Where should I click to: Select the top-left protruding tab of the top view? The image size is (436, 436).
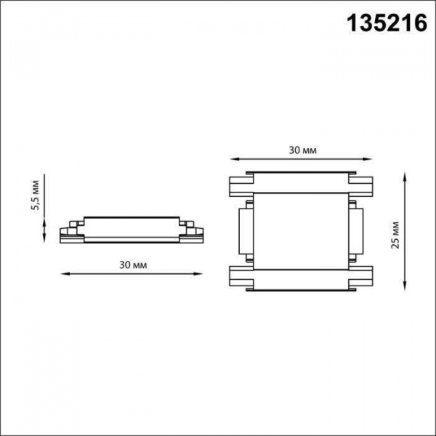(x=240, y=186)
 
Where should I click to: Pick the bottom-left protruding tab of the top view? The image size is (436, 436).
(x=240, y=278)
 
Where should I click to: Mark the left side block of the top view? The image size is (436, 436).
(x=245, y=232)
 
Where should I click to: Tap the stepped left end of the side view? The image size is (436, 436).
(x=70, y=231)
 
